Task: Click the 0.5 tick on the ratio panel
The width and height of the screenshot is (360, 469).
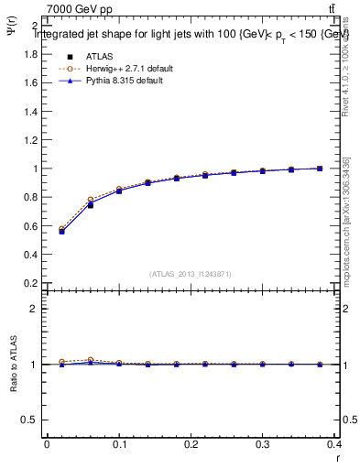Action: [29, 420]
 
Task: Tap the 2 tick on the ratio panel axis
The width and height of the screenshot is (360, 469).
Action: [33, 309]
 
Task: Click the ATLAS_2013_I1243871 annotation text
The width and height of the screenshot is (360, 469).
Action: [191, 274]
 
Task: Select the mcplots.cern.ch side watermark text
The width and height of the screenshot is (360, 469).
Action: [346, 220]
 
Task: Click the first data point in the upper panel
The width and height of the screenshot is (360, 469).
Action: [61, 231]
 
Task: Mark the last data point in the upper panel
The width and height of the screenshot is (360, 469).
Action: [320, 169]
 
